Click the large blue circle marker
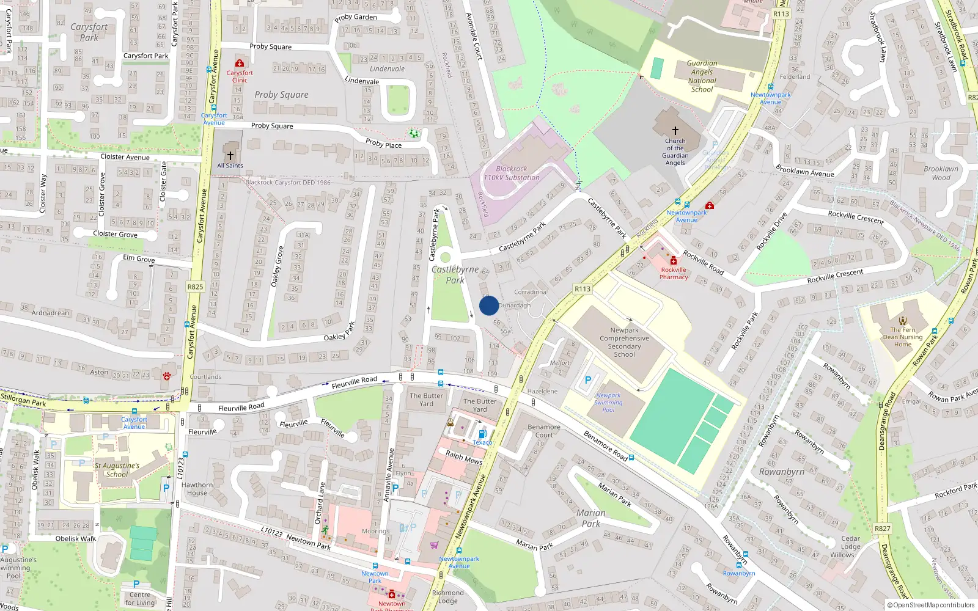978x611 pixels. [489, 305]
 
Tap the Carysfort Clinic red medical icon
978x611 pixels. [240, 63]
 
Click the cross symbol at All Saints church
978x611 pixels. [230, 156]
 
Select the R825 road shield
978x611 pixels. [196, 287]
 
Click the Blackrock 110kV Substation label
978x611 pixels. [512, 173]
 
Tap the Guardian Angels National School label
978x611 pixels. [702, 76]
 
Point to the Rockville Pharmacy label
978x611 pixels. [674, 273]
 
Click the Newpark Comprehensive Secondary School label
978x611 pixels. [624, 342]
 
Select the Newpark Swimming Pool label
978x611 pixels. [608, 403]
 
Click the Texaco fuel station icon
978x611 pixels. [482, 434]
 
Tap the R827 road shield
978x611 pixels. [883, 529]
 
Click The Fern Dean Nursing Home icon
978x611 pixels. [903, 320]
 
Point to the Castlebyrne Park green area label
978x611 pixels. [455, 274]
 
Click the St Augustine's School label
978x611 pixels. [117, 469]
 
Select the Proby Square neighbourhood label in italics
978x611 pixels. [281, 95]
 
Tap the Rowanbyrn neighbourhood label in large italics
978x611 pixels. [782, 472]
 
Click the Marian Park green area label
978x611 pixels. [590, 518]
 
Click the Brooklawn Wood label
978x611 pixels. [941, 173]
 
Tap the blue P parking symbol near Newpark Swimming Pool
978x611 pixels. [588, 380]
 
